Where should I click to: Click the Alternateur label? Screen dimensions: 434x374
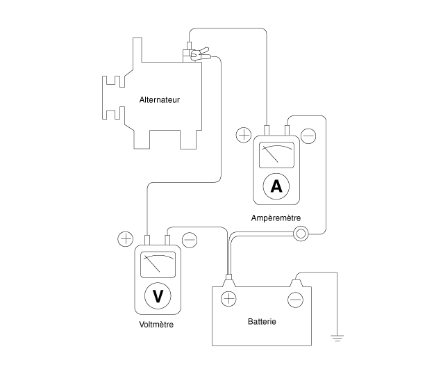pyautogui.click(x=160, y=99)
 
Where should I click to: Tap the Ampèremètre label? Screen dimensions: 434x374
pyautogui.click(x=276, y=218)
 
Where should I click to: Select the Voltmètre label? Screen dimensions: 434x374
pyautogui.click(x=156, y=325)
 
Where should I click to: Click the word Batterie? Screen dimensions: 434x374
pyautogui.click(x=262, y=322)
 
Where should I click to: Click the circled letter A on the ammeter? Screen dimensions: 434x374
pyautogui.click(x=276, y=186)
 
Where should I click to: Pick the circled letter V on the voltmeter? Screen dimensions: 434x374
pyautogui.click(x=158, y=296)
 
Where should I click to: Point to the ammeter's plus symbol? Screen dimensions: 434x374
pyautogui.click(x=244, y=135)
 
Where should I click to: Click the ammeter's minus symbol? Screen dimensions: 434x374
pyautogui.click(x=308, y=136)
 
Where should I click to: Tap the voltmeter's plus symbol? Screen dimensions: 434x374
pyautogui.click(x=126, y=239)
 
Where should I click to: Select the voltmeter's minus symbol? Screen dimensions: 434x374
pyautogui.click(x=190, y=240)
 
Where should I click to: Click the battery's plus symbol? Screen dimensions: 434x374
pyautogui.click(x=228, y=299)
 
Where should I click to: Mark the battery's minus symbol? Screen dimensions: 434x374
pyautogui.click(x=295, y=300)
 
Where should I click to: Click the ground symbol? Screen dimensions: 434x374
pyautogui.click(x=337, y=338)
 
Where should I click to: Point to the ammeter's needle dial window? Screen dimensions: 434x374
pyautogui.click(x=276, y=155)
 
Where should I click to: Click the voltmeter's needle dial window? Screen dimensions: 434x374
pyautogui.click(x=158, y=265)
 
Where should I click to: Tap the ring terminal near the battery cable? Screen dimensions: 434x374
pyautogui.click(x=301, y=234)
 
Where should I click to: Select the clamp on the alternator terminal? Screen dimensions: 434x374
pyautogui.click(x=200, y=54)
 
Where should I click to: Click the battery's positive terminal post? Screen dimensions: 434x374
pyautogui.click(x=229, y=281)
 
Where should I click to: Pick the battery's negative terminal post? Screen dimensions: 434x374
pyautogui.click(x=296, y=283)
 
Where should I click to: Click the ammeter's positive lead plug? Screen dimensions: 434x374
pyautogui.click(x=267, y=130)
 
